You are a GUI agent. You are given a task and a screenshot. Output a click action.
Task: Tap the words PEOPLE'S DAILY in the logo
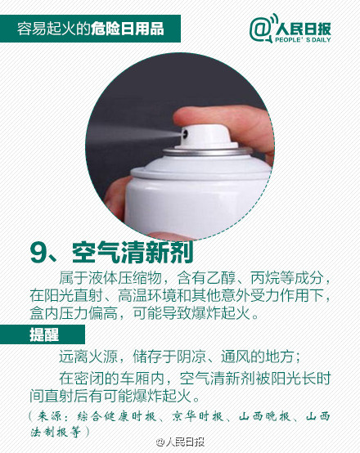pyautogui.click(x=303, y=39)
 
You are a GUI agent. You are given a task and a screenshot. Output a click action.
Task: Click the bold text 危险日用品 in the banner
pyautogui.click(x=128, y=29)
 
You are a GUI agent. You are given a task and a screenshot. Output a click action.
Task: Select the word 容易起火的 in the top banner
pyautogui.click(x=54, y=29)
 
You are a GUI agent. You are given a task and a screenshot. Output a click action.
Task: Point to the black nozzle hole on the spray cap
pyautogui.click(x=184, y=134)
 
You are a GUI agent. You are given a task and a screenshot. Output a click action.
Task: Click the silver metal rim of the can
pyautogui.click(x=207, y=151)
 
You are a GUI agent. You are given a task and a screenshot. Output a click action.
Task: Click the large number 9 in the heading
pyautogui.click(x=38, y=253)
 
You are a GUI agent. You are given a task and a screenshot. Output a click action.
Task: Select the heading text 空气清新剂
pyautogui.click(x=133, y=253)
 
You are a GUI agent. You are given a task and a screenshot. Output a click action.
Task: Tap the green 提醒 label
pyautogui.click(x=44, y=334)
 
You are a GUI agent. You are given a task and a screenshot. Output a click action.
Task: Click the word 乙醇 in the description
pyautogui.click(x=221, y=278)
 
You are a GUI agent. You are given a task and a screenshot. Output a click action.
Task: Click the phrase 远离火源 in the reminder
pyautogui.click(x=88, y=357)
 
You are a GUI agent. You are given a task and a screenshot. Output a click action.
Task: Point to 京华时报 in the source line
pyautogui.click(x=197, y=416)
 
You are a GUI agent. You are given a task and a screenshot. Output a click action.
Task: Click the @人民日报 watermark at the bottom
pyautogui.click(x=180, y=442)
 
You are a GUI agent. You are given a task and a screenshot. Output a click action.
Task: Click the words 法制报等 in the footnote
pyautogui.click(x=56, y=432)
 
